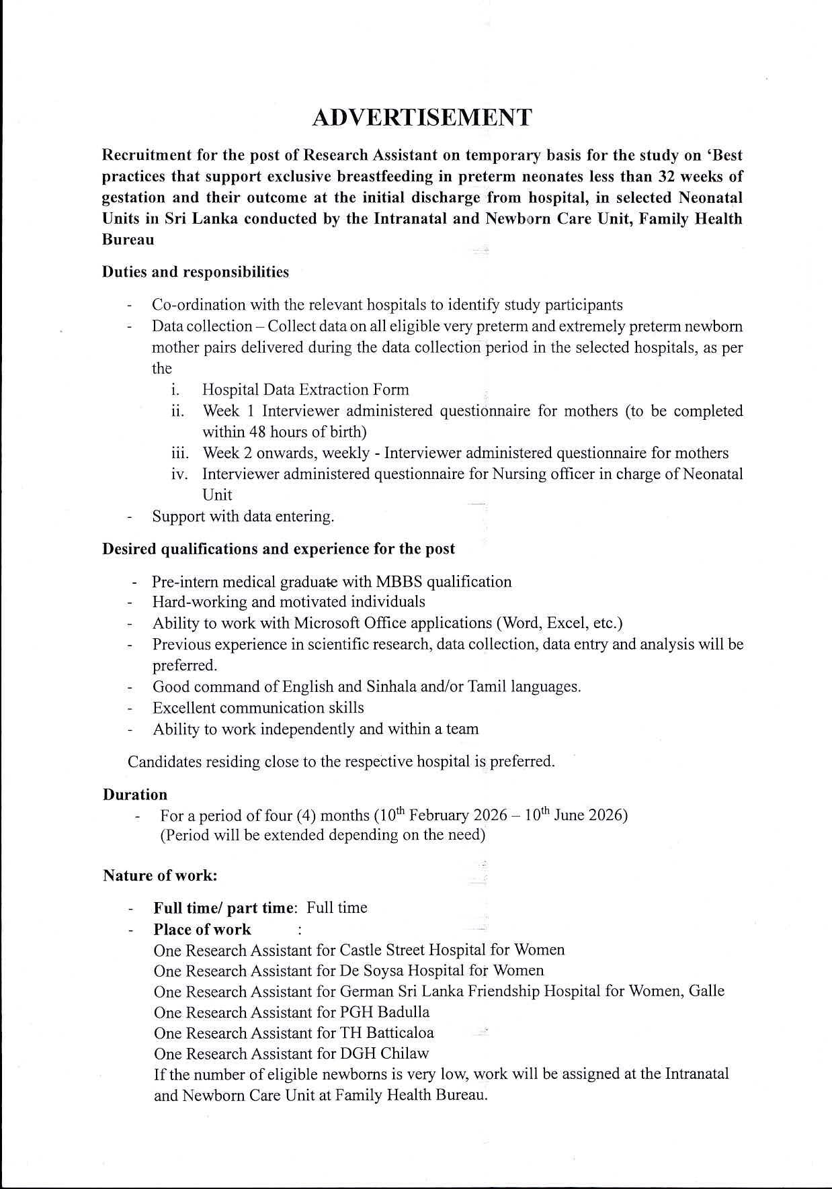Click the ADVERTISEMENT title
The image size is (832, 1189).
coord(422,118)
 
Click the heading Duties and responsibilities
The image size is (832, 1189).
coord(196,272)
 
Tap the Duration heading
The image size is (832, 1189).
coord(135,795)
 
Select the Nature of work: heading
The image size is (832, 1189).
coord(160,876)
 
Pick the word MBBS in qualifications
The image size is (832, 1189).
coord(403,582)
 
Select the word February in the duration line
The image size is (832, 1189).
coord(439,816)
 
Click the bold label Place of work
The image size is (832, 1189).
coord(202,930)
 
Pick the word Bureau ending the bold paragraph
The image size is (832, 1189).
coord(128,240)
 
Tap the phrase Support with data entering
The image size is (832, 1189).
coord(243,517)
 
